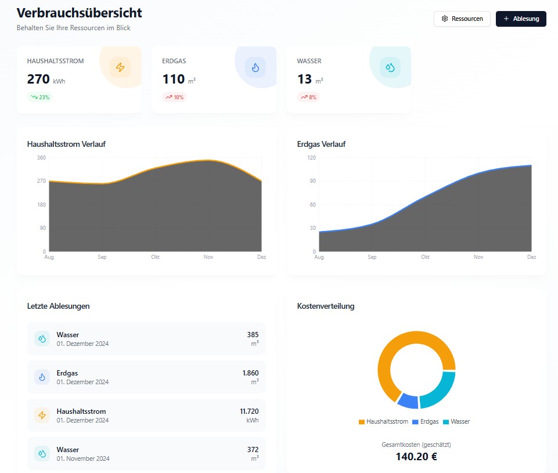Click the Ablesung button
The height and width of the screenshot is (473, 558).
click(x=521, y=19)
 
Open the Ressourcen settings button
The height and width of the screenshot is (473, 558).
click(x=462, y=19)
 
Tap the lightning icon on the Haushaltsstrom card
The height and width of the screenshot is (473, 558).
click(x=120, y=67)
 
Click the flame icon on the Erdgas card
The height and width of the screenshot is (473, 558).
click(x=255, y=67)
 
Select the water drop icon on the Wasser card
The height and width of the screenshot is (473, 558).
click(x=390, y=67)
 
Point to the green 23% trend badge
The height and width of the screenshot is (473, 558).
click(x=40, y=97)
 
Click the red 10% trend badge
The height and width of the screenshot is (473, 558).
click(x=175, y=97)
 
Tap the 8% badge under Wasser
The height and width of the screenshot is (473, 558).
click(x=309, y=97)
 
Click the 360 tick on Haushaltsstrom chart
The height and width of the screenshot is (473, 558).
click(x=41, y=157)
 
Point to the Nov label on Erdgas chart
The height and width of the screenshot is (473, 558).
click(x=478, y=257)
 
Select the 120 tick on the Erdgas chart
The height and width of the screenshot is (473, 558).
click(x=311, y=157)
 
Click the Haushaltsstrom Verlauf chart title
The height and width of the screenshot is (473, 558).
click(x=66, y=144)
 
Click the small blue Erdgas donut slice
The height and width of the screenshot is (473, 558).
click(x=408, y=400)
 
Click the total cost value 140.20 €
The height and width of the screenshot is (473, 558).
click(x=416, y=456)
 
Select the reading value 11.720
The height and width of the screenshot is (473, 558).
click(x=249, y=411)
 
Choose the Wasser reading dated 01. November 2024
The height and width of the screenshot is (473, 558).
click(x=146, y=453)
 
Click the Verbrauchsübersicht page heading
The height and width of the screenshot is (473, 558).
click(x=80, y=13)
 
